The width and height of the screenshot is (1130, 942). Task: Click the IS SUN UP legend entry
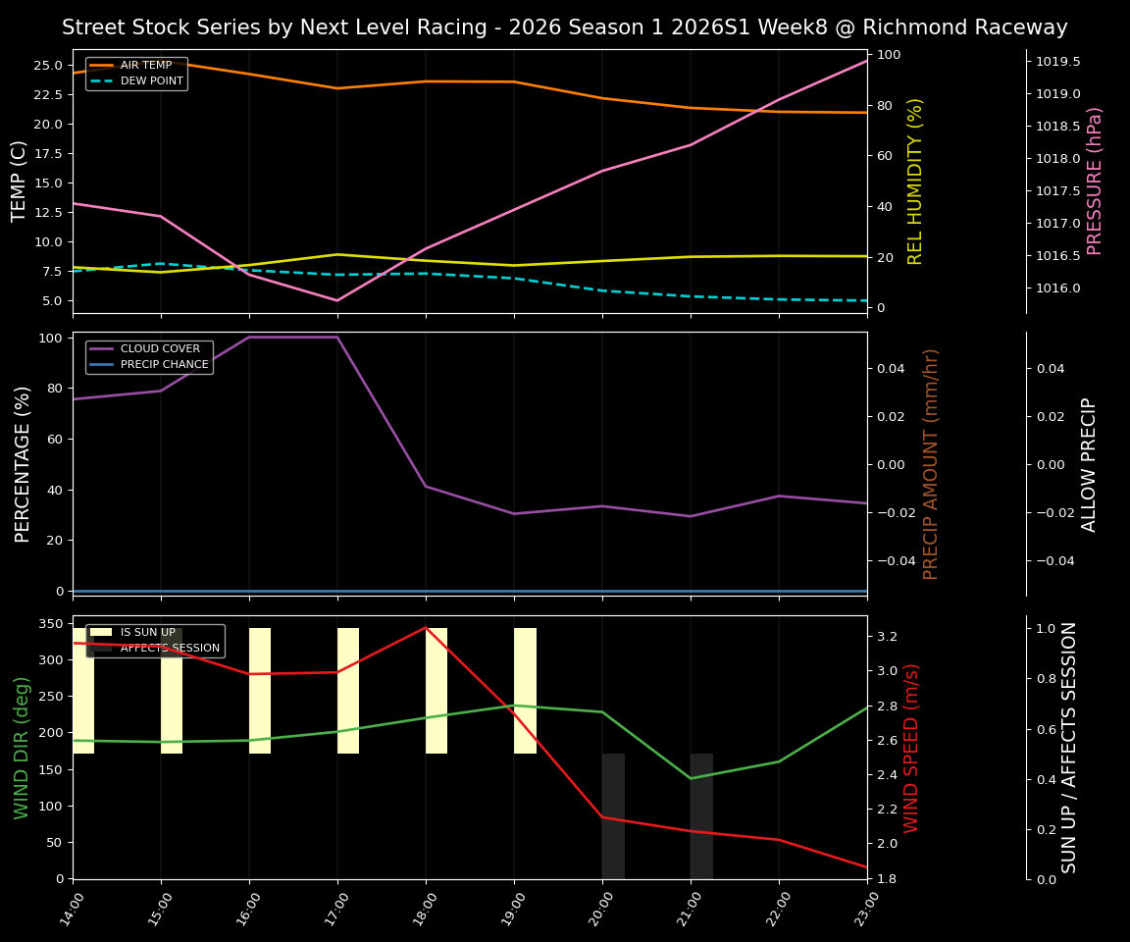tap(148, 632)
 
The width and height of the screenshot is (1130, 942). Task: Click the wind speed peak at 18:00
tap(426, 627)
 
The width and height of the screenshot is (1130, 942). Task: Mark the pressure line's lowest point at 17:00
tap(337, 300)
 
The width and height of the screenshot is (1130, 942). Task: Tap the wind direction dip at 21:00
tap(691, 778)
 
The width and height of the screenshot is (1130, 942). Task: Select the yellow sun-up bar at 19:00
tap(525, 691)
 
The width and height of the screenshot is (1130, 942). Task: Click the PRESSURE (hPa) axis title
tap(1096, 181)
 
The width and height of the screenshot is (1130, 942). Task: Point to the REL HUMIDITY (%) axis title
tap(915, 181)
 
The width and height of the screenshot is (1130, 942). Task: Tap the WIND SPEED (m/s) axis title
tap(912, 747)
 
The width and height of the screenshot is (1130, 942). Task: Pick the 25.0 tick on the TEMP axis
tap(44, 66)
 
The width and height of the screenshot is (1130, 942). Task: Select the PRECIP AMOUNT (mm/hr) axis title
tap(931, 463)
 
